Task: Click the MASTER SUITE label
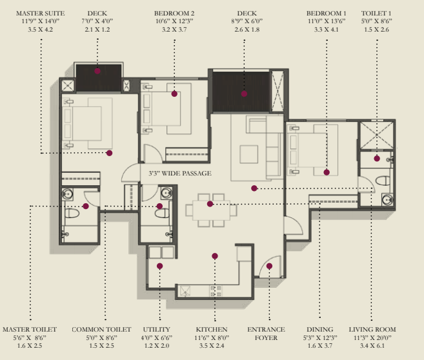[40, 14]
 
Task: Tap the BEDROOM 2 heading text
[174, 14]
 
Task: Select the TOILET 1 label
[376, 14]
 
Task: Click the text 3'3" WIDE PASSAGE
[180, 174]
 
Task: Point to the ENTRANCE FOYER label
[266, 334]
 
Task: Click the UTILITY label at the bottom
[157, 330]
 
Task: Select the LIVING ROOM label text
[372, 330]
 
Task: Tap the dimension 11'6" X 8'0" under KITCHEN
[212, 337]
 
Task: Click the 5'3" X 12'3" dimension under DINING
[320, 337]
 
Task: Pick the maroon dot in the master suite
[109, 153]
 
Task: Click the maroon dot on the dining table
[210, 204]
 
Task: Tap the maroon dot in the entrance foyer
[269, 266]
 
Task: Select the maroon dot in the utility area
[159, 266]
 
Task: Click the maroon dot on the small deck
[97, 71]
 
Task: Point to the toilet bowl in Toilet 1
[383, 181]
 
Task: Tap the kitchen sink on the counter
[185, 291]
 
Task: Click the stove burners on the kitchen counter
[216, 291]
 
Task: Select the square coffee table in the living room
[248, 154]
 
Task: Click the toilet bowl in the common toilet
[162, 213]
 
